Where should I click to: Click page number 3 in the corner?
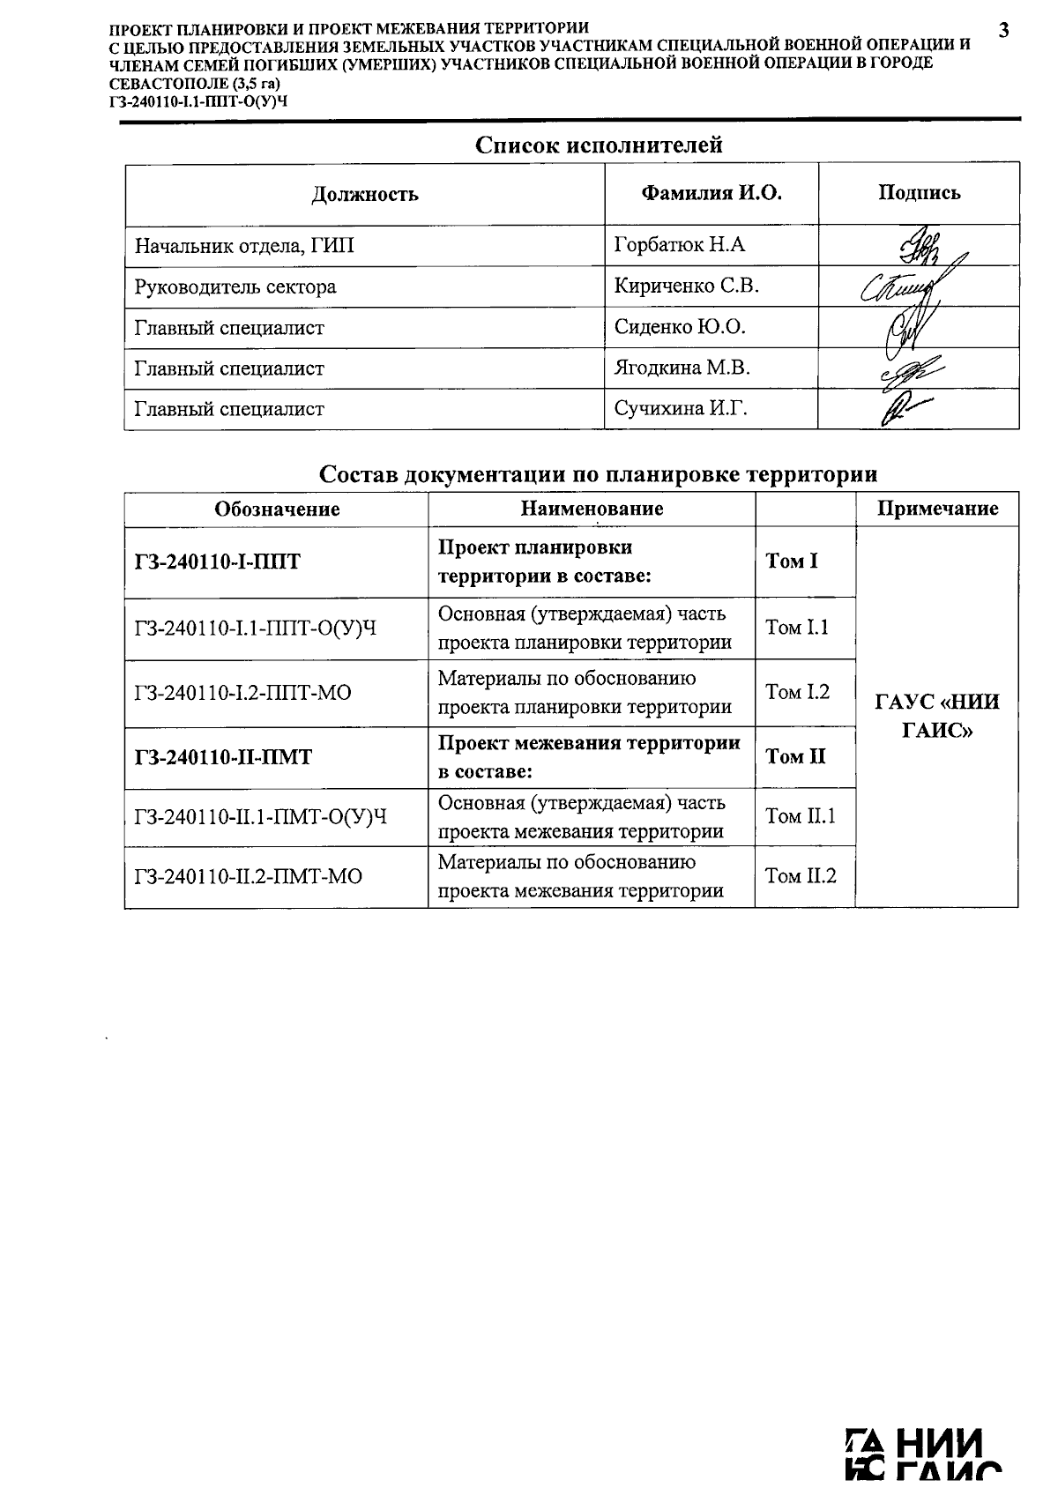tap(1003, 31)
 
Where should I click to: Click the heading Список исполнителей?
tap(599, 145)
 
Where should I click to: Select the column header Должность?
tap(364, 194)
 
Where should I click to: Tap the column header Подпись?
tap(919, 193)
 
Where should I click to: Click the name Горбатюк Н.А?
tap(679, 245)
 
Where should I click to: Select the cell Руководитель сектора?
tap(235, 286)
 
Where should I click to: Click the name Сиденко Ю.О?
tap(679, 328)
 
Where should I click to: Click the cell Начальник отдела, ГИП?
tap(244, 246)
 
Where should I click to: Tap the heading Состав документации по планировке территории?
tap(598, 474)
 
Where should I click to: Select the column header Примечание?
tap(936, 509)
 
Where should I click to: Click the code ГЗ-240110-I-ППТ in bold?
tap(217, 562)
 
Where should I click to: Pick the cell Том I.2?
tap(797, 693)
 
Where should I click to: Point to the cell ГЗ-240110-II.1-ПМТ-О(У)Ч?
tap(261, 817)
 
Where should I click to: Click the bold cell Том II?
tap(795, 756)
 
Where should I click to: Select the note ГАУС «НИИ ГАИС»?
tap(936, 716)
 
